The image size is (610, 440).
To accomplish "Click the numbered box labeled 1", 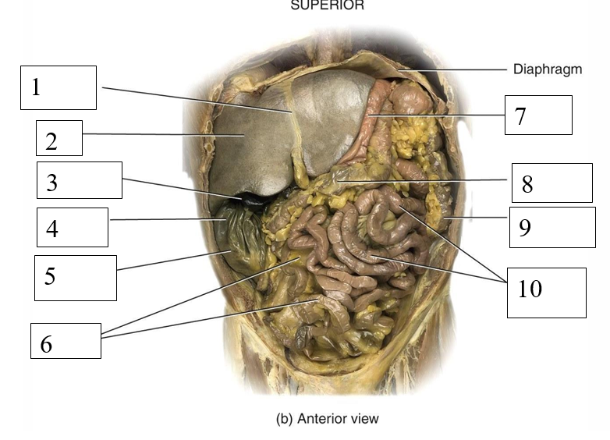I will [59, 87].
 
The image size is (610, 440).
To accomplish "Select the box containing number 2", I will [59, 138].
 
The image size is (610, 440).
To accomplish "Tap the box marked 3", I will [80, 180].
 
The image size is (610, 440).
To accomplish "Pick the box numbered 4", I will [72, 227].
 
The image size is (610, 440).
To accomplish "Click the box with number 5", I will [75, 277].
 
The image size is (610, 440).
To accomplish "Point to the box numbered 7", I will [537, 115].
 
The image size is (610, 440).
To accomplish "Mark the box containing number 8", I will [551, 183].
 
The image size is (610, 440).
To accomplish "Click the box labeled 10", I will [546, 292].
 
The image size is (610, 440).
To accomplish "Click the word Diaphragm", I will [548, 69].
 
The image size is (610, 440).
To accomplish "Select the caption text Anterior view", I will [328, 419].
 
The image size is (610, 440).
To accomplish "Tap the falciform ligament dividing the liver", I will [294, 140].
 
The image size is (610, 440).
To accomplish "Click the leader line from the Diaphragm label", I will [460, 69].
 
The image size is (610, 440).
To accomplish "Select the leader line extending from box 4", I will [164, 220].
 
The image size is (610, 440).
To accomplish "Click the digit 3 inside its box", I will [52, 183].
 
